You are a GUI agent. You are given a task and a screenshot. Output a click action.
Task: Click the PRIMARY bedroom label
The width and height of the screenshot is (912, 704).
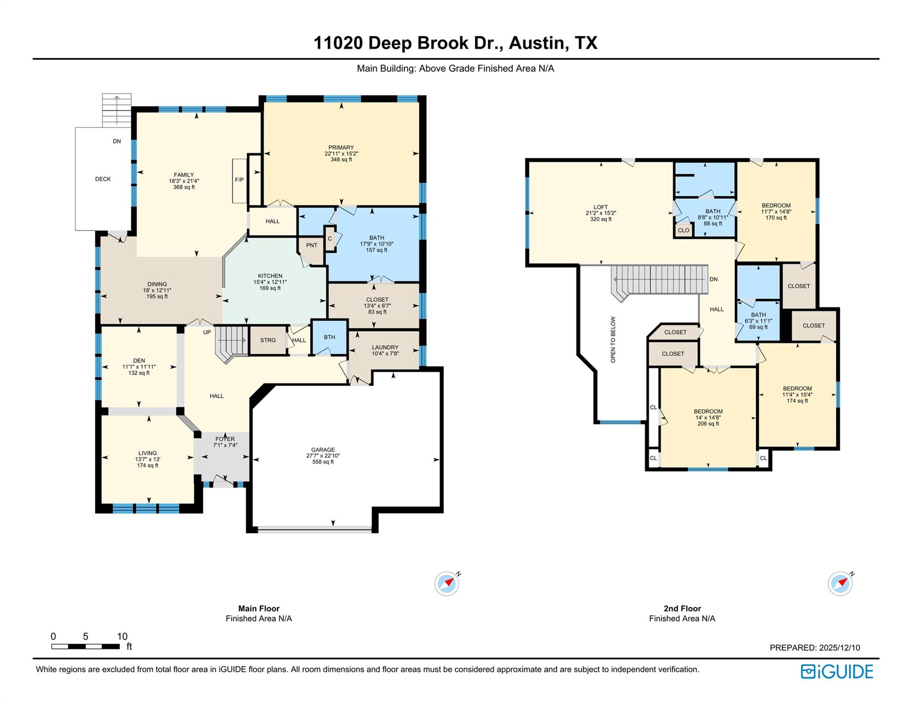tap(341, 148)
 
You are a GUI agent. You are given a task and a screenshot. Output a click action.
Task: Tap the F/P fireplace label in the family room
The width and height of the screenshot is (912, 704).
tap(239, 180)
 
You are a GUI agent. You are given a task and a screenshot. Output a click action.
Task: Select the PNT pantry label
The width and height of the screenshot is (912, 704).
tap(311, 245)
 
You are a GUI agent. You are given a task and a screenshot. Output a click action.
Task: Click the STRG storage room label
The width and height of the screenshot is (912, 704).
tap(268, 340)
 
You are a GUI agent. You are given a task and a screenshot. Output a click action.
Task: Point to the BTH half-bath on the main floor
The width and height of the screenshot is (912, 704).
tap(329, 337)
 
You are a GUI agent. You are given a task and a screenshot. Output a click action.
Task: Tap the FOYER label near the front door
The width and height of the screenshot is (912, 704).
tap(225, 439)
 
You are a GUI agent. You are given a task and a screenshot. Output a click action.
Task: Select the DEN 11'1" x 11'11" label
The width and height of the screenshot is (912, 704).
tap(139, 367)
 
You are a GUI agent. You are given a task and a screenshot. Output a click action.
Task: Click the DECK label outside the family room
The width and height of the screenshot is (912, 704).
tap(103, 179)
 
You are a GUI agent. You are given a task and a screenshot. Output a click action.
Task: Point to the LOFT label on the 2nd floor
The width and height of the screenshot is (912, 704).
tap(601, 208)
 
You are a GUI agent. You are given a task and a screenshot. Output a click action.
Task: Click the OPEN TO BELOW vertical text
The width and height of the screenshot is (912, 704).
tap(613, 340)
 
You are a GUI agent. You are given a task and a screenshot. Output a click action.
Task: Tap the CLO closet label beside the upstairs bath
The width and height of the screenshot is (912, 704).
tap(683, 230)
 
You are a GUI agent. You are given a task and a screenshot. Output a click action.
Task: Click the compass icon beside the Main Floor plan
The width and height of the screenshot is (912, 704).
tap(446, 583)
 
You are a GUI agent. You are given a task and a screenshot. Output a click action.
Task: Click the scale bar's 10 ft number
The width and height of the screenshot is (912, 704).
tap(122, 636)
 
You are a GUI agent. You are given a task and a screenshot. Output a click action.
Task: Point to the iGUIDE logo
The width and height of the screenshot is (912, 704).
tap(837, 671)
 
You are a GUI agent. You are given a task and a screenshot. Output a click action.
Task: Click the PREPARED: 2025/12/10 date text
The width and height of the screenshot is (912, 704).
tap(814, 648)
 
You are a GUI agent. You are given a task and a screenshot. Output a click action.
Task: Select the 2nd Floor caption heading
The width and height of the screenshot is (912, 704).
tap(682, 609)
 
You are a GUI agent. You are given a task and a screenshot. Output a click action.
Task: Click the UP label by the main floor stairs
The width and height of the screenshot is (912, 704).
tap(207, 332)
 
